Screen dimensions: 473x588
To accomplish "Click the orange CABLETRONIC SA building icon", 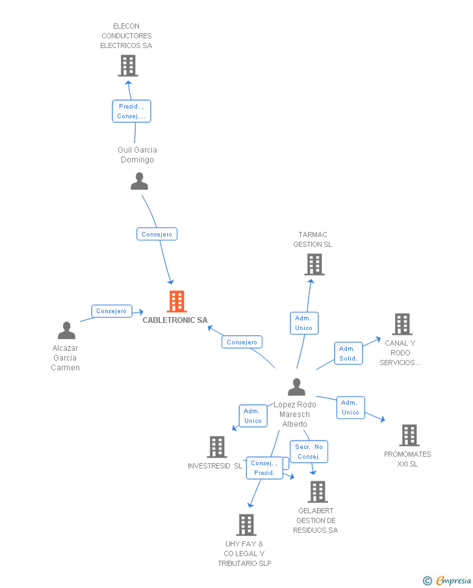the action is (177, 301).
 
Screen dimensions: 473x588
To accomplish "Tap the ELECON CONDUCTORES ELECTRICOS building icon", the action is (128, 66).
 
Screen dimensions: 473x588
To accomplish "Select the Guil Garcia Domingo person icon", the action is (139, 181).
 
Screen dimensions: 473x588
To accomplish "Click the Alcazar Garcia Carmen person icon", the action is (66, 330).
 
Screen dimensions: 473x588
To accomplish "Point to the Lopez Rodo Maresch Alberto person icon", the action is (296, 387).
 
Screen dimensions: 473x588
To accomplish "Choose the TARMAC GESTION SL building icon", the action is (314, 264).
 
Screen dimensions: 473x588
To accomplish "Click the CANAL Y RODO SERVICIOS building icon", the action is (402, 324).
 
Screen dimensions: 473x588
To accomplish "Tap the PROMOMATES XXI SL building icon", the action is (409, 435).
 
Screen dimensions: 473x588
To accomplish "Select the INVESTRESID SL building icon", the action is (217, 447).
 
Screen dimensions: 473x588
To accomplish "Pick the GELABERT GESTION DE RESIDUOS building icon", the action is (318, 492).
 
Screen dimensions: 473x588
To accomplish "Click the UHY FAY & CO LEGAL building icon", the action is (246, 524).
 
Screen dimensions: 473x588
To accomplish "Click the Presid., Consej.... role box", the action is (132, 111).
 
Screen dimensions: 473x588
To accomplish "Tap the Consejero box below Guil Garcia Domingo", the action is (157, 234).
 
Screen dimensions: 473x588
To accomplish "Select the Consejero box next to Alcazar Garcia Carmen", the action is (112, 311).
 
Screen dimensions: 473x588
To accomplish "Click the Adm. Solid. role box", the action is (348, 353).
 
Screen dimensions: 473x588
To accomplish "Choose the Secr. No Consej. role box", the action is (309, 452).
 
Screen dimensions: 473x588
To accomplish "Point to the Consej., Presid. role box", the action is (264, 468).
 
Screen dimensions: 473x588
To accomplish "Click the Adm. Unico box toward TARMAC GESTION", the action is (304, 323).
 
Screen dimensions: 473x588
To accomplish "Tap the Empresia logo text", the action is (454, 580).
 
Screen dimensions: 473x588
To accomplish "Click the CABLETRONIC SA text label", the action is (175, 320).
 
